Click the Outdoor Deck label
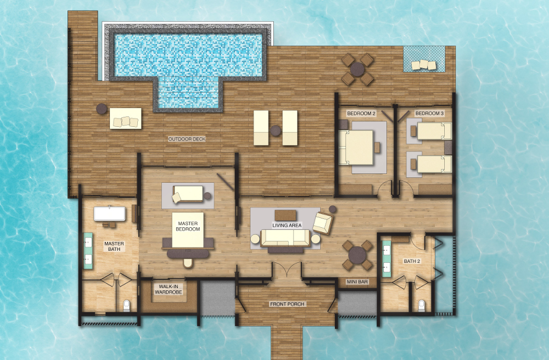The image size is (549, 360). [x=187, y=139]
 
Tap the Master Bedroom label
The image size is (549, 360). [x=188, y=226]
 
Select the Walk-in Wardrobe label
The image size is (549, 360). [x=169, y=289]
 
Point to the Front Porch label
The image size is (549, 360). [x=287, y=304]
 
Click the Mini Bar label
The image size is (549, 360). [x=357, y=282]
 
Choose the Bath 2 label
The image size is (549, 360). [x=412, y=261]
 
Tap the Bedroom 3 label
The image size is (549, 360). [x=429, y=114]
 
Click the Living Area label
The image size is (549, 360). [x=287, y=226]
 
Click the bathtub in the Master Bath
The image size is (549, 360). [x=110, y=213]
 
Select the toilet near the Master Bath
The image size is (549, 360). [x=126, y=306]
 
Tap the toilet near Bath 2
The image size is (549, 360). [x=422, y=306]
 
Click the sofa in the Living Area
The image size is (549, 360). [x=285, y=239]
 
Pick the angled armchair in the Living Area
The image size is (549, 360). [x=322, y=223]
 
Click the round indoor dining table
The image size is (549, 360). [x=357, y=255]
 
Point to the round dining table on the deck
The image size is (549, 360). [x=357, y=69]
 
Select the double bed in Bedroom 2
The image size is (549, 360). [x=356, y=147]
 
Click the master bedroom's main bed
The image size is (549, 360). [x=188, y=230]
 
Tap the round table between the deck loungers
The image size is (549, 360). [x=276, y=131]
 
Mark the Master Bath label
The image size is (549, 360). [x=114, y=246]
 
